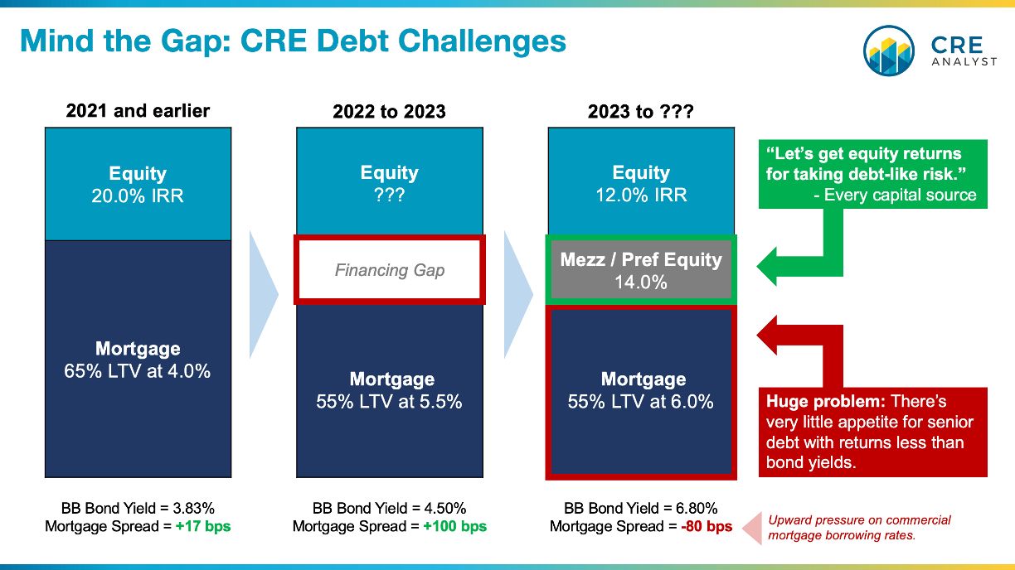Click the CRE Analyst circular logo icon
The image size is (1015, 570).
point(889,51)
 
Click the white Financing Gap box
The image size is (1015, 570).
point(390,270)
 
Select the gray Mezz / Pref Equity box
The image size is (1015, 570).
point(641,270)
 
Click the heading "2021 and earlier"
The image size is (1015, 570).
point(138,111)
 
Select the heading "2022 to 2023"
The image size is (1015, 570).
point(389,112)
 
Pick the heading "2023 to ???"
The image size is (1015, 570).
point(641,112)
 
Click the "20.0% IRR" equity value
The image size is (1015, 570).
point(138,196)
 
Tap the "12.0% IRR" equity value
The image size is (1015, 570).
point(641,196)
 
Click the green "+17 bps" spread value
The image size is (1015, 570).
point(203,527)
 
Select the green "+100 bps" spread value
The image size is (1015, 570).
point(455,527)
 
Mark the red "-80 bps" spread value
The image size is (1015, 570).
point(707,527)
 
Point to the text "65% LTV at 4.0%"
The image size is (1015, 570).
point(138,371)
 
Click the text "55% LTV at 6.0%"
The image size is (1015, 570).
point(641,402)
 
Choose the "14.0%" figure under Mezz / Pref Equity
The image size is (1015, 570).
point(641,283)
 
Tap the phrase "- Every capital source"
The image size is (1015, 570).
point(895,196)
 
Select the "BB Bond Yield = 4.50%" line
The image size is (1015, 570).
point(389,509)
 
